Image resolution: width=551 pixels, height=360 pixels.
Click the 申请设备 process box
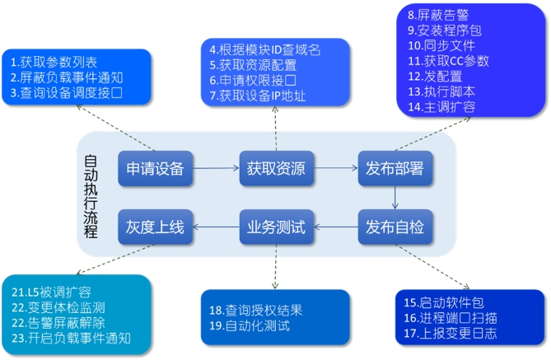click(x=155, y=169)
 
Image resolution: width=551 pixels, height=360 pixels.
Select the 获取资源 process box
click(x=275, y=169)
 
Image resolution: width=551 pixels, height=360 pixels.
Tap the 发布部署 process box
click(x=395, y=169)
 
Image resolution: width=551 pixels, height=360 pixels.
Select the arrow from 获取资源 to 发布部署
click(x=334, y=169)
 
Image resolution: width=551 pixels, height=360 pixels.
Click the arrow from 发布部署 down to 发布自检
click(x=395, y=198)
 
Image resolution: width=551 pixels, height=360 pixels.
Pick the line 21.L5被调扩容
click(x=51, y=292)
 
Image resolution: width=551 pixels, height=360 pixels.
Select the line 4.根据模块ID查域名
click(x=266, y=49)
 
